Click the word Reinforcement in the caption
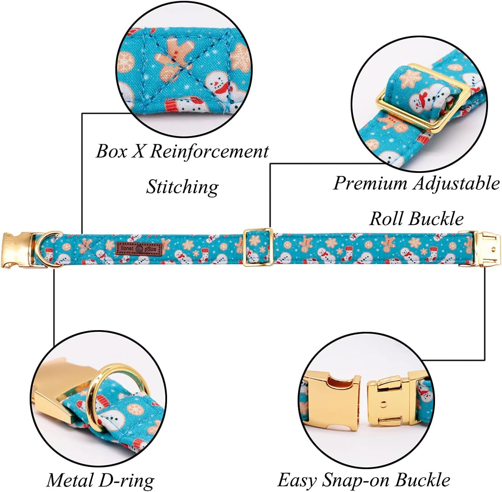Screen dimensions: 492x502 pos(209,151)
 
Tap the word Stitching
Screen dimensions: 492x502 pos(182,186)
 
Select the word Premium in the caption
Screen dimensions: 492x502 pos(370,183)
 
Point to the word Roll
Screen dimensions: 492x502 pos(387,219)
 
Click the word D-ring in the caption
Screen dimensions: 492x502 pos(127,480)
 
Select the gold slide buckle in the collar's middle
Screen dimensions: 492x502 pos(257,247)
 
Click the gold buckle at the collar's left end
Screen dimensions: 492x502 pos(15,250)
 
